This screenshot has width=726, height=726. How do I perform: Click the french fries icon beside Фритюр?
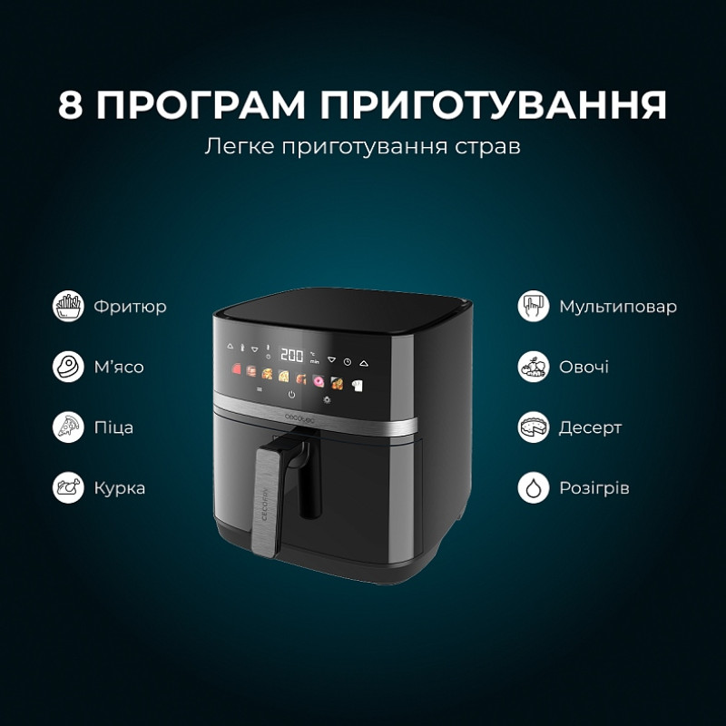point(68,306)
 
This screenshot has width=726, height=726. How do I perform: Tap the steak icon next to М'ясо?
point(68,367)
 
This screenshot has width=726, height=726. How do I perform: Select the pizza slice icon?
point(68,427)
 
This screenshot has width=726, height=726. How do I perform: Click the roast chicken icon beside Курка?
point(68,487)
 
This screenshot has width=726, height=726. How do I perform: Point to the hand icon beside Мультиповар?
point(534,306)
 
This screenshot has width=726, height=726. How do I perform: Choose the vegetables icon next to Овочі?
point(534,367)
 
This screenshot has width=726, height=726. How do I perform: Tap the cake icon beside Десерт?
point(534,427)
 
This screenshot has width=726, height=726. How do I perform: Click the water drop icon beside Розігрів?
point(534,487)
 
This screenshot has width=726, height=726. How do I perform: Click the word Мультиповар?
point(618,307)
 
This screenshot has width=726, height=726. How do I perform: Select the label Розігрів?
point(594,488)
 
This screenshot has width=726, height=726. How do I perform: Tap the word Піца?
point(114,427)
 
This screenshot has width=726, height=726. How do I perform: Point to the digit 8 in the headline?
point(71,104)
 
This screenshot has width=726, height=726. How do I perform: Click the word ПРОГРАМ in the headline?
point(201,104)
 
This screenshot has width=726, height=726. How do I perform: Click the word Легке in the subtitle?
point(240,146)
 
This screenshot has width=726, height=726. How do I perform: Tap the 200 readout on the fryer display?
point(292,355)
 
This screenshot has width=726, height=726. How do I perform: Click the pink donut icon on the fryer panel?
point(319,381)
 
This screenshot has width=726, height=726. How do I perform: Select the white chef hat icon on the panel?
point(357,386)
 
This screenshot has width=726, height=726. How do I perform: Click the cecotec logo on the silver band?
point(299,418)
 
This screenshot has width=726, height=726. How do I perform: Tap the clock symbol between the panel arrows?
point(348,362)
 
